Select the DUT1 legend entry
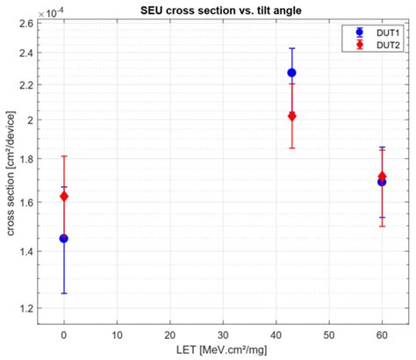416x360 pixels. point(377,32)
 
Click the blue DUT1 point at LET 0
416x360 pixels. point(64,238)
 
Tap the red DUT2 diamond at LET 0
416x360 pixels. point(64,197)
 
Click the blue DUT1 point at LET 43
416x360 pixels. point(292,73)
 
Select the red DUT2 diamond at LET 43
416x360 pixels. point(292,116)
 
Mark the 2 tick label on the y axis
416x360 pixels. point(32,119)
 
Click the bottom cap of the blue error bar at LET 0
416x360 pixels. point(64,293)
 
